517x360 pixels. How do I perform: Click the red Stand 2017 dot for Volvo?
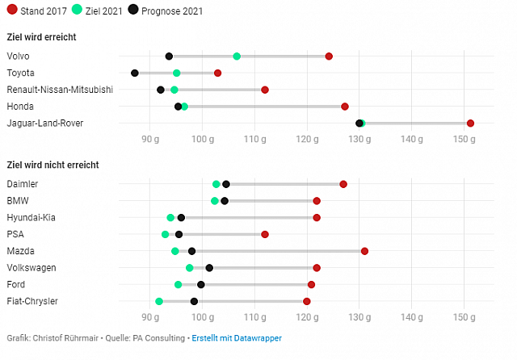tap(329, 57)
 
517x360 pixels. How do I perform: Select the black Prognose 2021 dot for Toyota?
tap(135, 73)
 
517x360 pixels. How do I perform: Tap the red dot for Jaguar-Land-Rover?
tap(470, 123)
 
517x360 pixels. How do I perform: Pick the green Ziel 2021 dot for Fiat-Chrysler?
tap(159, 301)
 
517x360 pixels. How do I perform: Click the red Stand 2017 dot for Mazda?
tap(364, 251)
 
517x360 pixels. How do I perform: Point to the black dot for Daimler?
tap(226, 184)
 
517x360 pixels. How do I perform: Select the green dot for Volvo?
tap(237, 57)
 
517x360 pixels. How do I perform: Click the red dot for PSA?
tap(265, 234)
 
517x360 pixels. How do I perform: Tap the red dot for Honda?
tap(345, 107)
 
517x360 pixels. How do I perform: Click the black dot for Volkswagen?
tap(209, 268)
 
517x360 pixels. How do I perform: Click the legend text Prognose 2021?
tap(172, 11)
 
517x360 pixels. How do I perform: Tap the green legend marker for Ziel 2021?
tap(77, 10)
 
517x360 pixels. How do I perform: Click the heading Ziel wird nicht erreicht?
tap(52, 165)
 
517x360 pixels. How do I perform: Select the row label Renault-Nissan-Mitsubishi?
tap(60, 90)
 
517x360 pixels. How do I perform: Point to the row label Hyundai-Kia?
tap(31, 218)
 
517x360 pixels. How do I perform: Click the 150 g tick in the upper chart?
tap(464, 140)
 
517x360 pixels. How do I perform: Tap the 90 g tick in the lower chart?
tap(150, 318)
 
